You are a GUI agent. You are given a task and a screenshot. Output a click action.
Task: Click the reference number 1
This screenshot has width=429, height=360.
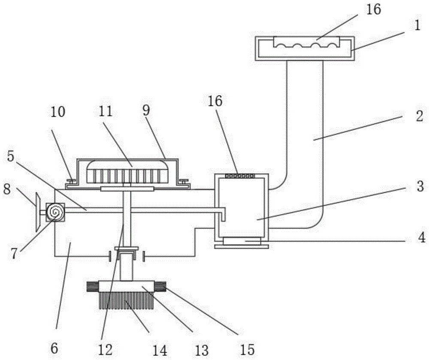click(417, 26)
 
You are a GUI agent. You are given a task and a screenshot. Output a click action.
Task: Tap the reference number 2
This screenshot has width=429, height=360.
click(420, 116)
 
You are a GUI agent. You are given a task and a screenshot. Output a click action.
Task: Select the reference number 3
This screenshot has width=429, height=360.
click(420, 186)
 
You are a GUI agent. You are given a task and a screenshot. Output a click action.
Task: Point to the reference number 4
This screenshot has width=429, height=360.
click(422, 237)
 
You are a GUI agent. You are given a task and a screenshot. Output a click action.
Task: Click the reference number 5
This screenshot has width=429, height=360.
click(10, 156)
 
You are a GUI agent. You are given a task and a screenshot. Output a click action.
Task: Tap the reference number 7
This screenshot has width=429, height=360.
click(14, 254)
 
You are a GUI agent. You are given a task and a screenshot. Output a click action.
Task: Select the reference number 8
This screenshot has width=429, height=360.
click(7, 189)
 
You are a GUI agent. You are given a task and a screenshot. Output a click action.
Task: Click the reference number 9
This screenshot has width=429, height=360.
click(146, 111)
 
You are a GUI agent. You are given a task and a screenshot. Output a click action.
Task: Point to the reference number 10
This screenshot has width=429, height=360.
click(58, 112)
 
